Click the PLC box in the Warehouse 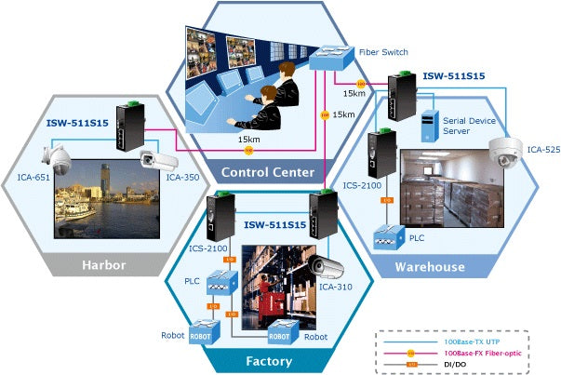pos(386,239)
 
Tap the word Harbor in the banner pos(103,265)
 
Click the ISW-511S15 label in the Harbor pos(78,122)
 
